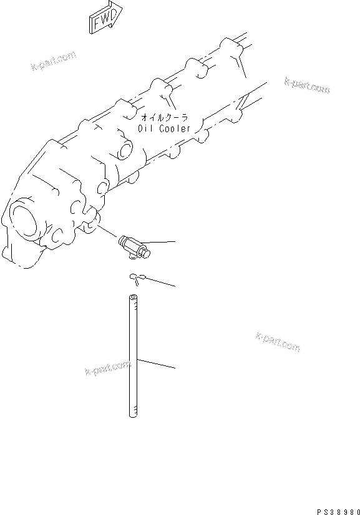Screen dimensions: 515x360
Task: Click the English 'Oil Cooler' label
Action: tap(164, 128)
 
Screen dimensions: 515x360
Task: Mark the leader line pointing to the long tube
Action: tap(156, 363)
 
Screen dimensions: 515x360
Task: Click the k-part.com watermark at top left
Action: tap(53, 60)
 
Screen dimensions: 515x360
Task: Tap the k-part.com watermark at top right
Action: tap(306, 85)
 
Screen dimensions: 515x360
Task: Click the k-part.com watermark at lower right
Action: tap(278, 341)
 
